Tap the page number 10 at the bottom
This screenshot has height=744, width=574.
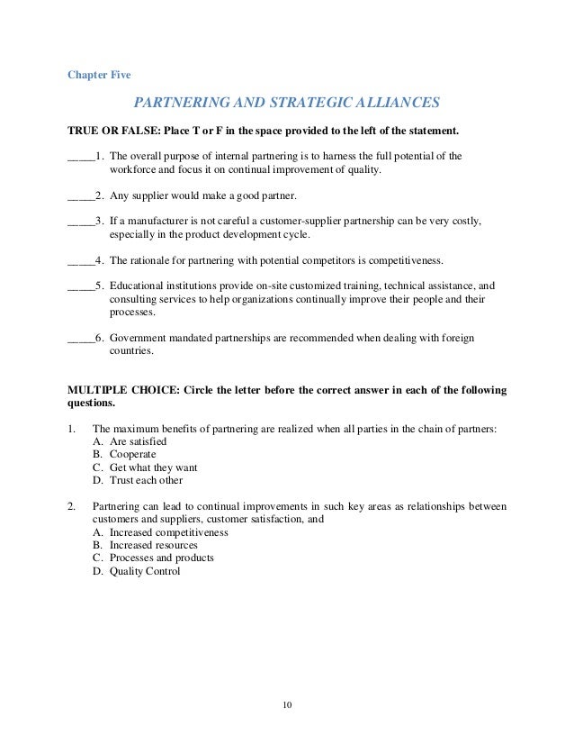(x=287, y=703)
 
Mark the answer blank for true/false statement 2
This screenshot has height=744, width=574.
(x=80, y=195)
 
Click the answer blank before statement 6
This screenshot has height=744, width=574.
(x=80, y=339)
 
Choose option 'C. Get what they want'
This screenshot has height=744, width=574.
(x=145, y=468)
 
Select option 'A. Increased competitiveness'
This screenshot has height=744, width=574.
(x=160, y=533)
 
